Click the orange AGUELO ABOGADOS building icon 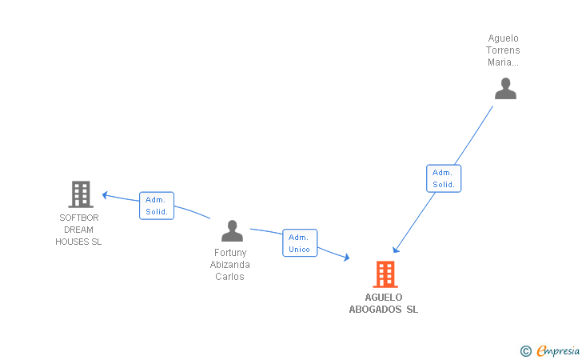click(x=385, y=274)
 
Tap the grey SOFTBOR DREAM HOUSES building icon click(x=80, y=194)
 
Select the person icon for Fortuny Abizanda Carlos click(x=232, y=231)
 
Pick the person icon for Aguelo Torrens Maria click(x=505, y=88)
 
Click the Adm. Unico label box click(x=300, y=243)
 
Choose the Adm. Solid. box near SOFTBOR click(x=157, y=206)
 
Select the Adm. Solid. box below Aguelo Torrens click(x=444, y=178)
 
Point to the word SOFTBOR click(x=79, y=218)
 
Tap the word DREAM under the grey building click(x=79, y=230)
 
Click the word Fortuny click(x=230, y=253)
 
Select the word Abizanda click(x=230, y=265)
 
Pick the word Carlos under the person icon click(x=230, y=277)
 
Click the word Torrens click(x=503, y=50)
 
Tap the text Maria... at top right click(x=503, y=62)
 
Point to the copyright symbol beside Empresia click(x=525, y=350)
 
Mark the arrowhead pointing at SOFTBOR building click(x=105, y=195)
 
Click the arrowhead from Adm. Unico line click(x=346, y=257)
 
